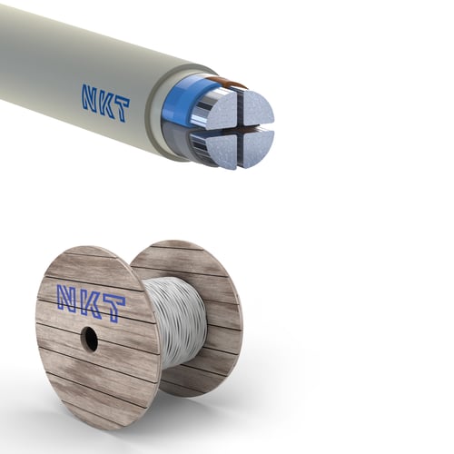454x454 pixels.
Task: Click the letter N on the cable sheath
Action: pyautogui.click(x=91, y=97)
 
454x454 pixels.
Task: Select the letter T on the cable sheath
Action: pyautogui.click(x=122, y=109)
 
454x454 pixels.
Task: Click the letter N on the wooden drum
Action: pyautogui.click(x=68, y=299)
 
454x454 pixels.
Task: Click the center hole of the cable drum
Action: pyautogui.click(x=89, y=340)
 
